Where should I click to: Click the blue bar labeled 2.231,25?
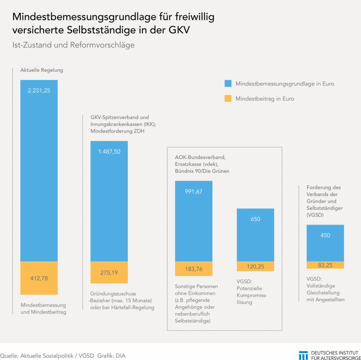pyautogui.click(x=39, y=171)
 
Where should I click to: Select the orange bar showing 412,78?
pyautogui.click(x=39, y=278)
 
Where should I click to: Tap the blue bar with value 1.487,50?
pyautogui.click(x=109, y=201)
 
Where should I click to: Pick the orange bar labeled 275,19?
pyautogui.click(x=109, y=272)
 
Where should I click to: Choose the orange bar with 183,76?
pyautogui.click(x=193, y=269)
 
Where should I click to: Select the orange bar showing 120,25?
pyautogui.click(x=255, y=266)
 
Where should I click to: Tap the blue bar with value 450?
pyautogui.click(x=325, y=243)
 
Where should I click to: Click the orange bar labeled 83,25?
pyautogui.click(x=325, y=265)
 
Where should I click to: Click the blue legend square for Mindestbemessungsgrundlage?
pyautogui.click(x=228, y=84)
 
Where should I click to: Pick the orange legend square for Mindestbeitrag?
pyautogui.click(x=228, y=99)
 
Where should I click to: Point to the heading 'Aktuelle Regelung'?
pyautogui.click(x=42, y=70)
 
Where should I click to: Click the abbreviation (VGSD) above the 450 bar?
pyautogui.click(x=315, y=215)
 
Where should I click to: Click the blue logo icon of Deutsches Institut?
pyautogui.click(x=303, y=355)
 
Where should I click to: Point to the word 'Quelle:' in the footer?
pyautogui.click(x=9, y=356)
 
